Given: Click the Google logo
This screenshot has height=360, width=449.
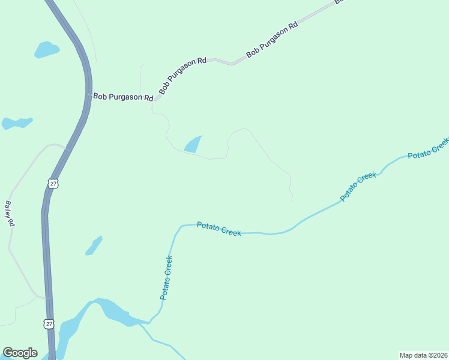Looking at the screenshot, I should tap(20, 353).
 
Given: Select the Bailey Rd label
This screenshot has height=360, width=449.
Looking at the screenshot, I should tap(9, 213).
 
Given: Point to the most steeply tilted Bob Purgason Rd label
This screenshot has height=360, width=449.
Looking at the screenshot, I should tap(182, 76).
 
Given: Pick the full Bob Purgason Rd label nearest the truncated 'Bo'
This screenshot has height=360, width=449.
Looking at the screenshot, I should tap(271, 40).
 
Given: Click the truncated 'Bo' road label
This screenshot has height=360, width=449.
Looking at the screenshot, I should tap(339, 2).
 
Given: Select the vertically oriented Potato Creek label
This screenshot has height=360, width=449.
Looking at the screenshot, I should tap(167, 278).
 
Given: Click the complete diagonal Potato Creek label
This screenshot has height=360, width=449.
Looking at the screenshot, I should tap(358, 186).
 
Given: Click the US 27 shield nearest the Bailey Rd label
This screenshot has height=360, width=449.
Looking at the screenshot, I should tap(53, 184).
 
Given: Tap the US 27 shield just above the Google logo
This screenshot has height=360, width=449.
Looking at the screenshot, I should tap(49, 324).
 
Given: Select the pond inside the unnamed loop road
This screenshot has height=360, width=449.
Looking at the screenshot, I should tap(193, 145).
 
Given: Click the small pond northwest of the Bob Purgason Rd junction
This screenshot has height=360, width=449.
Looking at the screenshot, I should tap(46, 49).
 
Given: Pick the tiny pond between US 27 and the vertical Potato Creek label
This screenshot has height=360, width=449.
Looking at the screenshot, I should tap(94, 245).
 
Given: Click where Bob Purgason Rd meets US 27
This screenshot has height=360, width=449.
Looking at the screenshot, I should tap(89, 95).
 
